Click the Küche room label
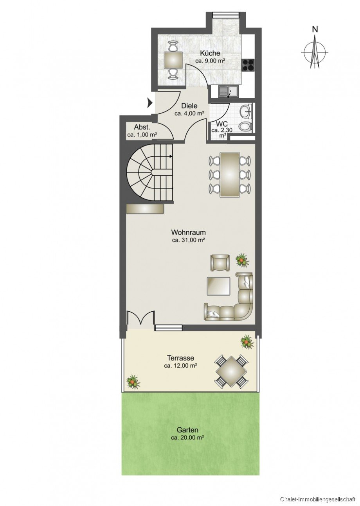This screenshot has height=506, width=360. [x=210, y=53]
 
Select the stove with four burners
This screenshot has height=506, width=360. [x=248, y=65]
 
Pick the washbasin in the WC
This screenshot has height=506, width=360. [x=247, y=111]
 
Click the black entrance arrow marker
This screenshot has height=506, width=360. [x=149, y=103]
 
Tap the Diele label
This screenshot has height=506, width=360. [x=189, y=106]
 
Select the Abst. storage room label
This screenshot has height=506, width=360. [x=142, y=127]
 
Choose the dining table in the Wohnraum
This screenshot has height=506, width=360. [x=230, y=174]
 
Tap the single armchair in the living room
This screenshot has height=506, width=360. [x=220, y=262]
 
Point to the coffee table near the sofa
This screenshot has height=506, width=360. [x=218, y=286]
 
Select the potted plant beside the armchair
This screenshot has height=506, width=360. [x=242, y=259]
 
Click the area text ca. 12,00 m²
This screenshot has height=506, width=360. [x=180, y=366]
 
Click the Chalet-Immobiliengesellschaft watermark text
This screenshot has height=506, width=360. [x=318, y=499]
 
